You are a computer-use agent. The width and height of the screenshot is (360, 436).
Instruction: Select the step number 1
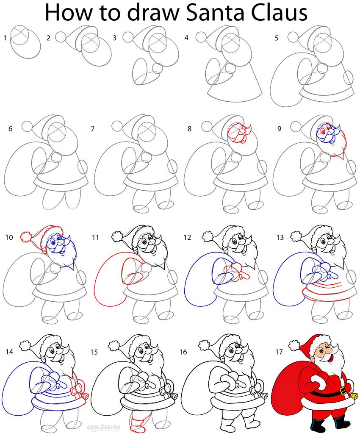(5, 38)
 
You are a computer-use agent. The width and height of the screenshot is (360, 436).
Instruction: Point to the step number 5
(276, 38)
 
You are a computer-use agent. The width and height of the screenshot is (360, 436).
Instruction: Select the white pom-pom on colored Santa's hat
(294, 345)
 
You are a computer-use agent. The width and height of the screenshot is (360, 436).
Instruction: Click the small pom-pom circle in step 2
(61, 37)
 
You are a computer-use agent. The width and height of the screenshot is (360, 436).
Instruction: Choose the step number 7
(93, 128)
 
